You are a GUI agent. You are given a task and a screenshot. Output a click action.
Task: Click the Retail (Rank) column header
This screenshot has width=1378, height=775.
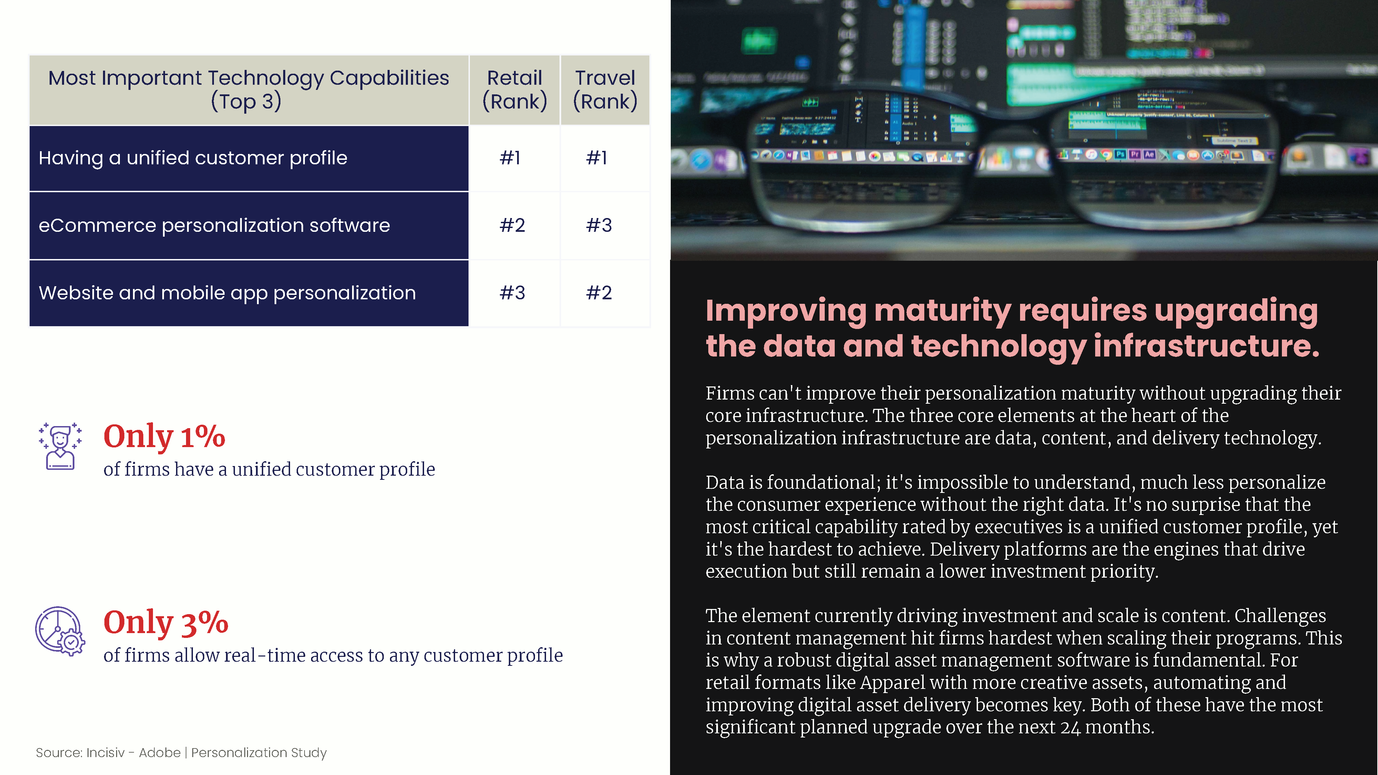pyautogui.click(x=515, y=90)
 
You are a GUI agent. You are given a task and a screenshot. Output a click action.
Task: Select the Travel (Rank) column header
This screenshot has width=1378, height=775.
pyautogui.click(x=605, y=90)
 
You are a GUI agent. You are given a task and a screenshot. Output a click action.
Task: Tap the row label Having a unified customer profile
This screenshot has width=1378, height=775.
pyautogui.click(x=193, y=158)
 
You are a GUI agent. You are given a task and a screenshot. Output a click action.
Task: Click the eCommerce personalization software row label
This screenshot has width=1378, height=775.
pyautogui.click(x=214, y=226)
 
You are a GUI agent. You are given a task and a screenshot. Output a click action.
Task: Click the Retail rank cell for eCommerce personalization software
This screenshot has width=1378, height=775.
pyautogui.click(x=512, y=225)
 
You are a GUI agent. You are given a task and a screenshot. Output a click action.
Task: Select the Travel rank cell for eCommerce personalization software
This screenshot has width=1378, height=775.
pyautogui.click(x=599, y=225)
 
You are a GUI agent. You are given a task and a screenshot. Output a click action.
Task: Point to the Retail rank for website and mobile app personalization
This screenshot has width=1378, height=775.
pyautogui.click(x=512, y=292)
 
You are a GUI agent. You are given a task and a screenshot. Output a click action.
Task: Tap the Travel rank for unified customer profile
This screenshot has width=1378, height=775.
pyautogui.click(x=596, y=158)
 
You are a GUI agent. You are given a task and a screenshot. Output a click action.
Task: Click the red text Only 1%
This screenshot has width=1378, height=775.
pyautogui.click(x=164, y=436)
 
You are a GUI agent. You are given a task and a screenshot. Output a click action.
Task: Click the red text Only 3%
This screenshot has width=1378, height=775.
pyautogui.click(x=166, y=622)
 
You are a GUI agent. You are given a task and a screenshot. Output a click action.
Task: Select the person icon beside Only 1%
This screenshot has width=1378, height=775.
pyautogui.click(x=60, y=446)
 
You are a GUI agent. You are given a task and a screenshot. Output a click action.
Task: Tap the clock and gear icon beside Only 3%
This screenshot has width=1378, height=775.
pyautogui.click(x=60, y=631)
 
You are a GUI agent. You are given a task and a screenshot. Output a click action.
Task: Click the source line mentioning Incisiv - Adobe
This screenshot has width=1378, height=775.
pyautogui.click(x=181, y=753)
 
